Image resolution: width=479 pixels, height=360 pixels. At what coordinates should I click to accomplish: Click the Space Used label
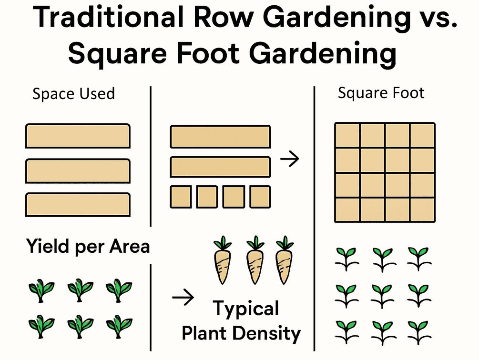(73, 94)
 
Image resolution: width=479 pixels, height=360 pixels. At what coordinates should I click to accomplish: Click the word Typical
(246, 309)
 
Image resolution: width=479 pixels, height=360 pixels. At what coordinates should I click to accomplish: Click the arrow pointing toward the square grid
(289, 159)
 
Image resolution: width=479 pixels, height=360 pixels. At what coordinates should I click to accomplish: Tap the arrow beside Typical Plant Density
(183, 299)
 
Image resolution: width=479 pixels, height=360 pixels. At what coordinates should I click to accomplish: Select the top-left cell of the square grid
(347, 135)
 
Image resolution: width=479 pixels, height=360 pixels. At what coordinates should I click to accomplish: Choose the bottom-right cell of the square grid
(422, 210)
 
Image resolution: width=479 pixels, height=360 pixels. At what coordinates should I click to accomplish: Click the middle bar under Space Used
(78, 171)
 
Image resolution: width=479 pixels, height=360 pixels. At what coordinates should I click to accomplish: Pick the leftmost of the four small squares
(181, 197)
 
